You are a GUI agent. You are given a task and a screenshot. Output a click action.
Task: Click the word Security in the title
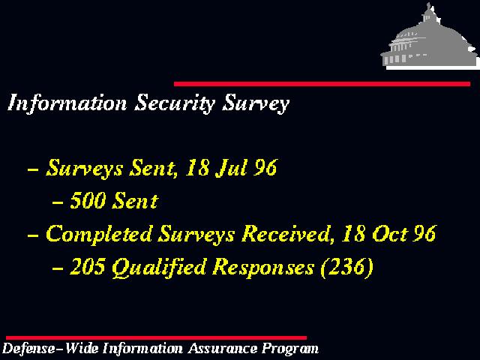coord(175,103)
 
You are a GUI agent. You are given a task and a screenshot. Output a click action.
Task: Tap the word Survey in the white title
coord(256,103)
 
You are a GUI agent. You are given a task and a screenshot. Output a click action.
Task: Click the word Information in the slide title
coord(67,103)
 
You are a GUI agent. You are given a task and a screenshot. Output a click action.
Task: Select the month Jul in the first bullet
coord(231,167)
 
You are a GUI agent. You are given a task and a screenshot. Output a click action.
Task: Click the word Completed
coord(99,234)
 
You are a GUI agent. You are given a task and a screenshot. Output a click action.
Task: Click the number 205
coord(87,266)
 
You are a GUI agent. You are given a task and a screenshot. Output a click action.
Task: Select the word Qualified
coord(159,268)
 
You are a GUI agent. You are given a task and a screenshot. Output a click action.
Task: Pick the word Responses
coord(263,267)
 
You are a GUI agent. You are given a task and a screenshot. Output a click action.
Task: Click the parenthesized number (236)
coord(346,267)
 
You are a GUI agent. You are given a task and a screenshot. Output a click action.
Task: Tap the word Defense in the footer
coord(28,349)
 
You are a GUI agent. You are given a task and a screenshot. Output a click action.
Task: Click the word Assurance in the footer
coord(223,349)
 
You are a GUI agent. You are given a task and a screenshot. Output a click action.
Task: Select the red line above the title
coord(322,84)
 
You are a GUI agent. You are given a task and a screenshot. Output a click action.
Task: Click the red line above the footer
coord(156,338)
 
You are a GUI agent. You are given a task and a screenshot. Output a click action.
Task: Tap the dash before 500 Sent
coord(58,202)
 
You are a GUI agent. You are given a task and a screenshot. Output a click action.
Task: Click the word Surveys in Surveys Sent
coord(85,168)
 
